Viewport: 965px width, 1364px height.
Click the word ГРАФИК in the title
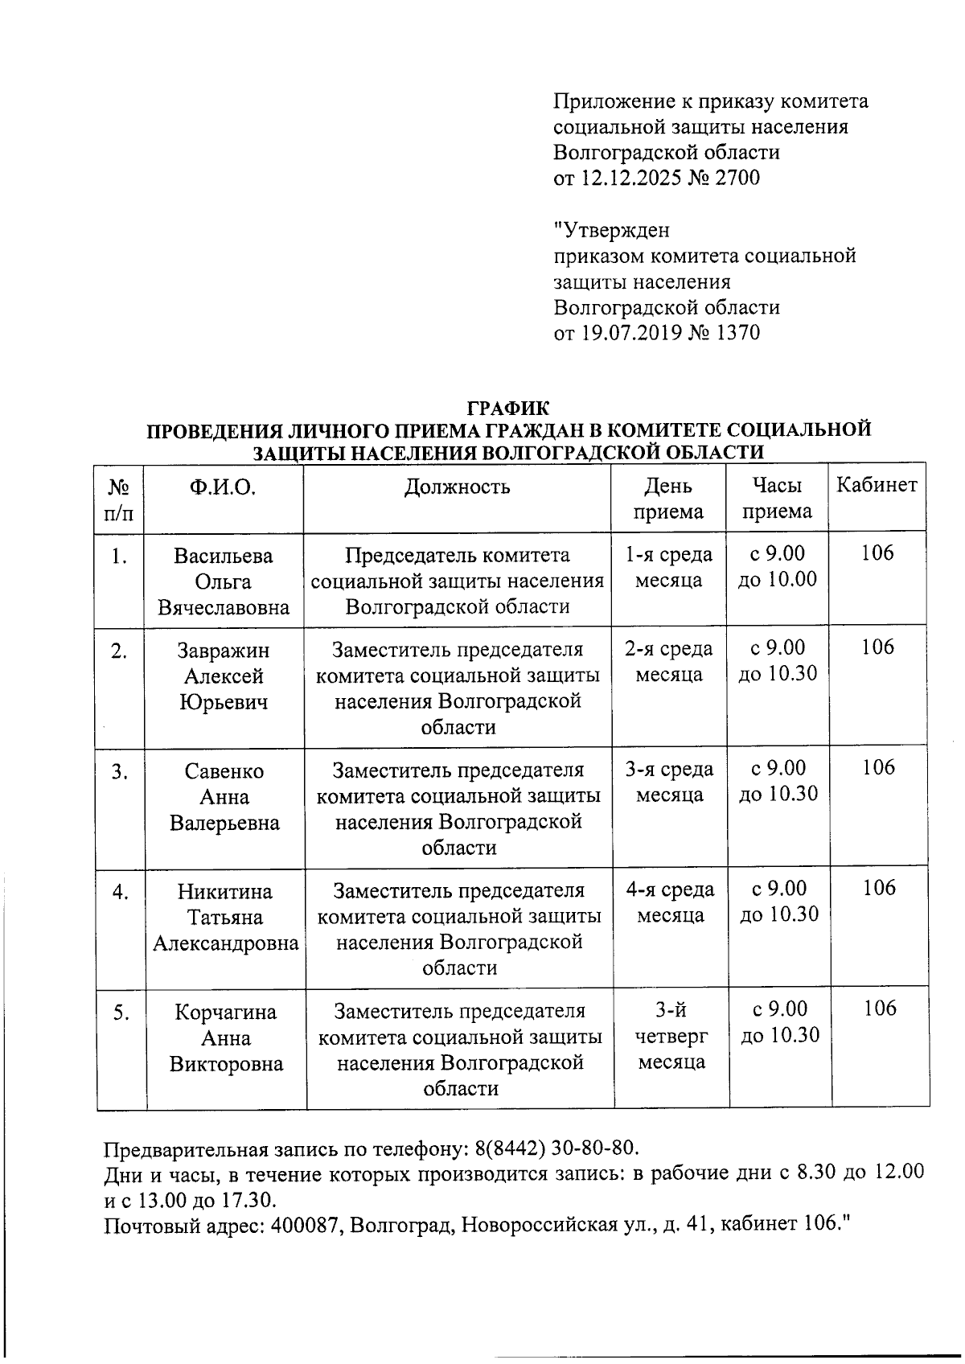click(x=508, y=408)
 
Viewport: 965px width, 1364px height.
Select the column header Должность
click(x=457, y=487)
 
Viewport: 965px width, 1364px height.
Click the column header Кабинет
click(x=877, y=485)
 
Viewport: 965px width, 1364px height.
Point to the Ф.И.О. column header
click(x=223, y=487)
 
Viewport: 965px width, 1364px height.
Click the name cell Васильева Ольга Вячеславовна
click(x=224, y=581)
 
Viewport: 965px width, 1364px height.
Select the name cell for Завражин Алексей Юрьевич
click(x=224, y=676)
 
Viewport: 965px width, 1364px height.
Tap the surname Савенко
click(x=224, y=771)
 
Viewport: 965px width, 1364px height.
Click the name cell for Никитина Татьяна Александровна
click(x=225, y=917)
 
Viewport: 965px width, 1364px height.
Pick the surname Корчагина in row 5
click(x=226, y=1013)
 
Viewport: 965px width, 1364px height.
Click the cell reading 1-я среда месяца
click(x=668, y=567)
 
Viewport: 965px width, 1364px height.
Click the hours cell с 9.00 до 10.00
click(x=777, y=566)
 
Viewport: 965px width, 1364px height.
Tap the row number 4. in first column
click(x=121, y=892)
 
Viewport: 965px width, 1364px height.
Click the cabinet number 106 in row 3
click(x=878, y=767)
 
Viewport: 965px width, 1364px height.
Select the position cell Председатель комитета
click(x=457, y=581)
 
